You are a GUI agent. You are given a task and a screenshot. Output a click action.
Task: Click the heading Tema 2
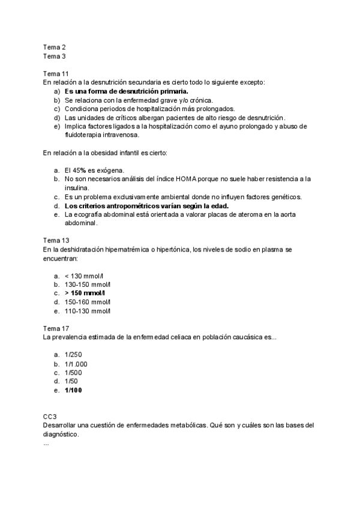(x=54, y=47)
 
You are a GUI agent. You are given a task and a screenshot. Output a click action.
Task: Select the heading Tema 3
(x=54, y=56)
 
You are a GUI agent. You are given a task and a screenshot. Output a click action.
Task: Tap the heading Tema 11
(x=56, y=74)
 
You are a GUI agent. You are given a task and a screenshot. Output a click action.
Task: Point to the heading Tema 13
(x=56, y=241)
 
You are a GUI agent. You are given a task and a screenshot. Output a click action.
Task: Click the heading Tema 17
(x=56, y=329)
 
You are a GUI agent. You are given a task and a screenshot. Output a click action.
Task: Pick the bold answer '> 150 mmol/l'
(x=86, y=293)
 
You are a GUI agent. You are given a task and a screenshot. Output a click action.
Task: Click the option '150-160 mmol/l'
(x=88, y=302)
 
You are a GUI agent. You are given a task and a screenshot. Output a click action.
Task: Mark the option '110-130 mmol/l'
(x=88, y=311)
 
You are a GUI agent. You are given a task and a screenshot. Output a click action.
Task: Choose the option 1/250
(x=73, y=355)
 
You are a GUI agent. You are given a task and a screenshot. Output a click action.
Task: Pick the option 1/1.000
(x=76, y=364)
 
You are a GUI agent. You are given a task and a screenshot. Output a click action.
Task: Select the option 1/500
(x=73, y=373)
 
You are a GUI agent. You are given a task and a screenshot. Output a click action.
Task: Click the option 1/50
(x=71, y=381)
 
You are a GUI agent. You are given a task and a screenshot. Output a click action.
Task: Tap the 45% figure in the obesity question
(x=78, y=170)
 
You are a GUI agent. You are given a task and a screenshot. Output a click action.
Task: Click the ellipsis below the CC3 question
(x=46, y=443)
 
